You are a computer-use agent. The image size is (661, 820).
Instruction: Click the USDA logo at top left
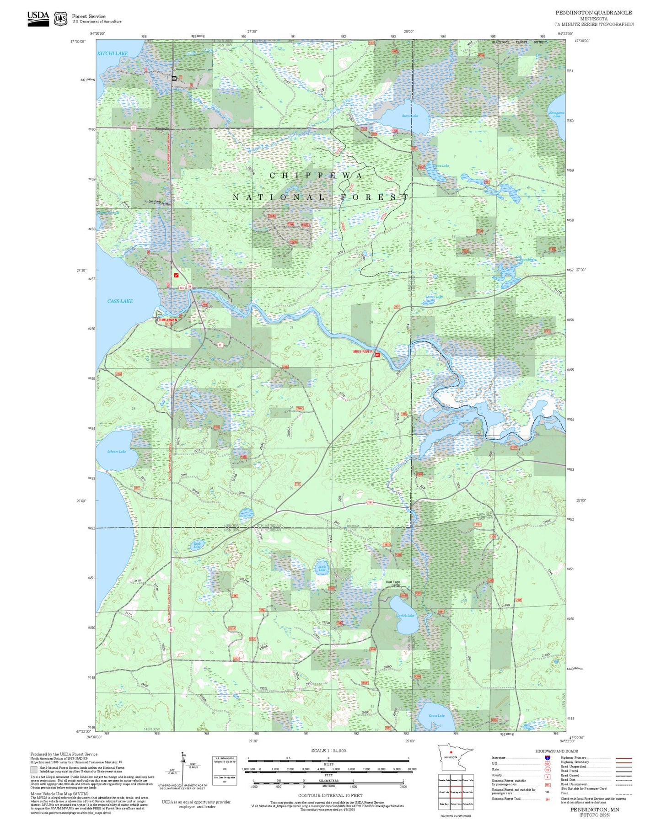point(38,18)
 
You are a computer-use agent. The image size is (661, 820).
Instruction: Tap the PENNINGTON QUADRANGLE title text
point(593,13)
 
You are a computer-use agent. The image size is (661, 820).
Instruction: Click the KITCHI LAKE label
point(112,53)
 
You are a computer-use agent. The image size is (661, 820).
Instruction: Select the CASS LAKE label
point(120,301)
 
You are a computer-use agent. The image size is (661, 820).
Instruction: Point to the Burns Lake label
point(410,116)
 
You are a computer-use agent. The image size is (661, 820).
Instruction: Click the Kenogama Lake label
point(556,114)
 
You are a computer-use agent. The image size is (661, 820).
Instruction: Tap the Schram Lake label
point(116,452)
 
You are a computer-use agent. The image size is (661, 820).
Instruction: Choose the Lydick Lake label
point(405,616)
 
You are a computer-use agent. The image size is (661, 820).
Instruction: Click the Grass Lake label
point(436,715)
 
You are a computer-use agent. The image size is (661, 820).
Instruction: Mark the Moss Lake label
point(434,297)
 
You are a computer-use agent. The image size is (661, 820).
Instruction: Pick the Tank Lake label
point(197,545)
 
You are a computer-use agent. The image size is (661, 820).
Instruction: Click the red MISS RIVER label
point(363,351)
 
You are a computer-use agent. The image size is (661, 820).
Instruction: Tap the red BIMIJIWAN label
point(167,320)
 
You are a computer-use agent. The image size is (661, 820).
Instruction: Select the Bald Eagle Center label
point(393,584)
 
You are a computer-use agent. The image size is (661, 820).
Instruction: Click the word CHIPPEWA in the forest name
point(316,176)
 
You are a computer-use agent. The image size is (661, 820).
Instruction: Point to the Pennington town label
point(162,128)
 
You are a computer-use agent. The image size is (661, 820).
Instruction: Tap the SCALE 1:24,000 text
point(328,751)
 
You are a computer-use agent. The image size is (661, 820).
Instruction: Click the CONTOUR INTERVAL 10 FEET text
point(328,795)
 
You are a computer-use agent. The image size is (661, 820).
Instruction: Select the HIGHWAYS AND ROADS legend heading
point(556,751)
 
